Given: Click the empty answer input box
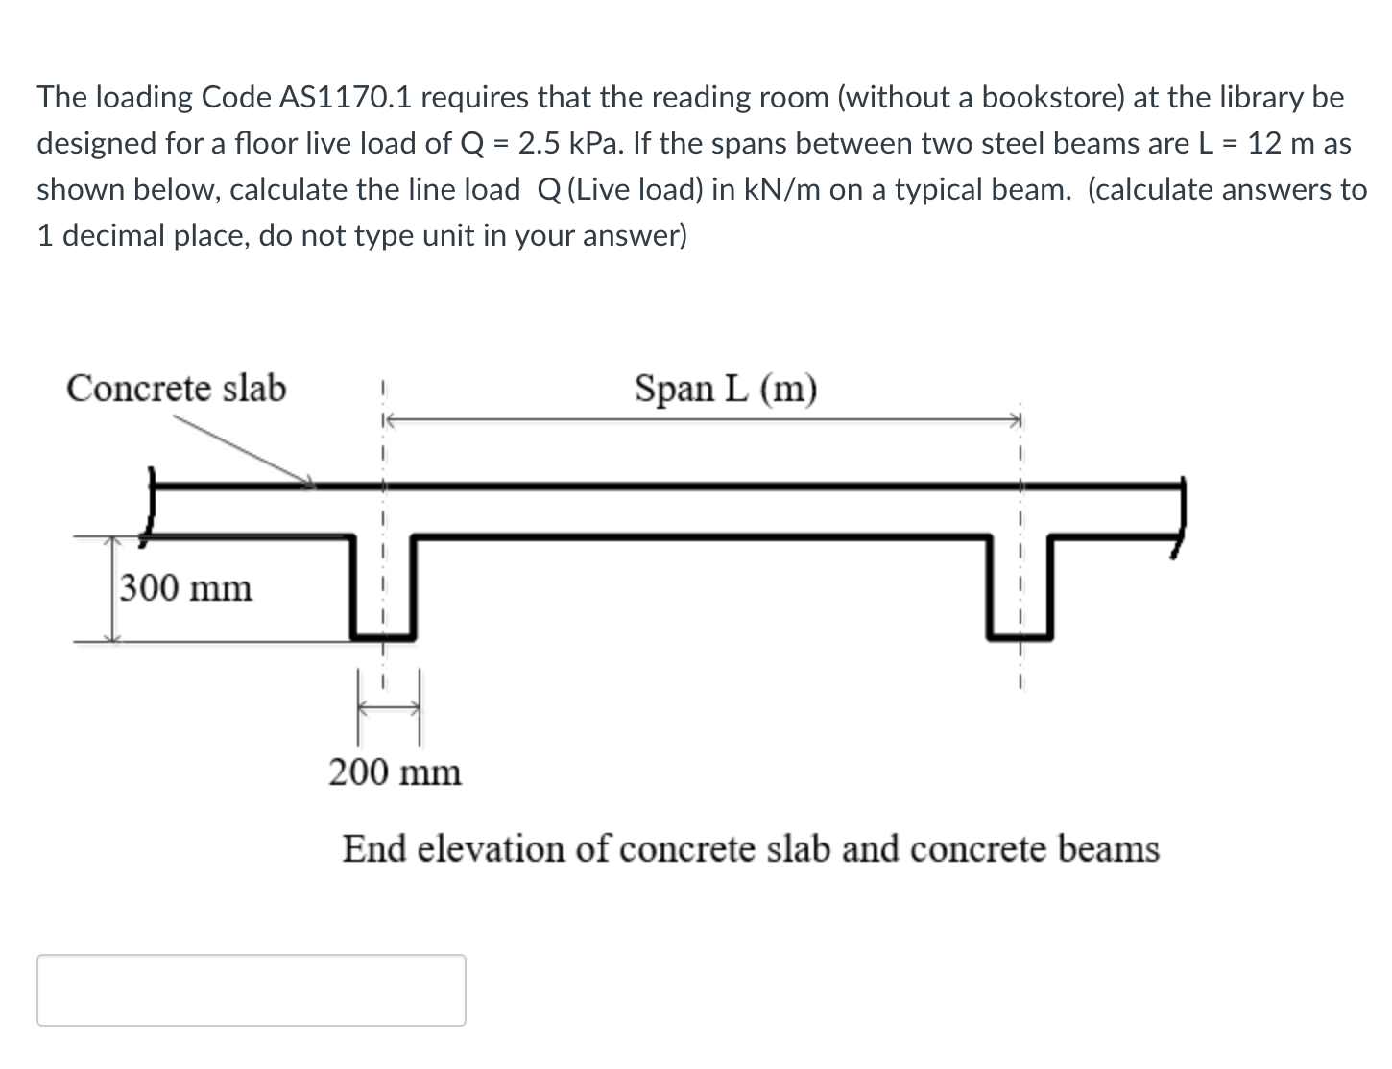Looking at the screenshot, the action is [x=251, y=989].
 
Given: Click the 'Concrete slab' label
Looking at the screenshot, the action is [x=176, y=389].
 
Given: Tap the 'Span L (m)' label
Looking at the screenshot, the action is [x=726, y=389].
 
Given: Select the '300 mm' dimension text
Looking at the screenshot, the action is [x=186, y=587].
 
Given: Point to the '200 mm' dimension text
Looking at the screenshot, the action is [x=395, y=772].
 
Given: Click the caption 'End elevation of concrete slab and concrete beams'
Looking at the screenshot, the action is [x=751, y=849].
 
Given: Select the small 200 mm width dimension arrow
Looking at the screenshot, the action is [x=389, y=709].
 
